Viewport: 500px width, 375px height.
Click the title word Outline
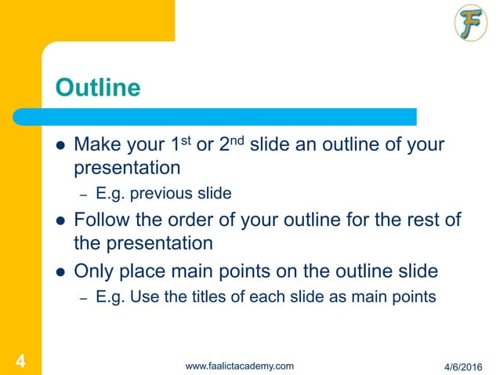tap(97, 87)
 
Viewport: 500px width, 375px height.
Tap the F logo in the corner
tap(470, 24)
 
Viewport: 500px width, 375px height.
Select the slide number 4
tap(20, 361)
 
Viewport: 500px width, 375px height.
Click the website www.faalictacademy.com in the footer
tap(239, 366)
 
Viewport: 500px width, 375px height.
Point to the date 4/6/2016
tap(463, 366)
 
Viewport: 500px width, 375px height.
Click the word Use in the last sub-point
tap(143, 297)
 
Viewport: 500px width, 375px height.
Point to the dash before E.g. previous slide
tap(82, 194)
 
